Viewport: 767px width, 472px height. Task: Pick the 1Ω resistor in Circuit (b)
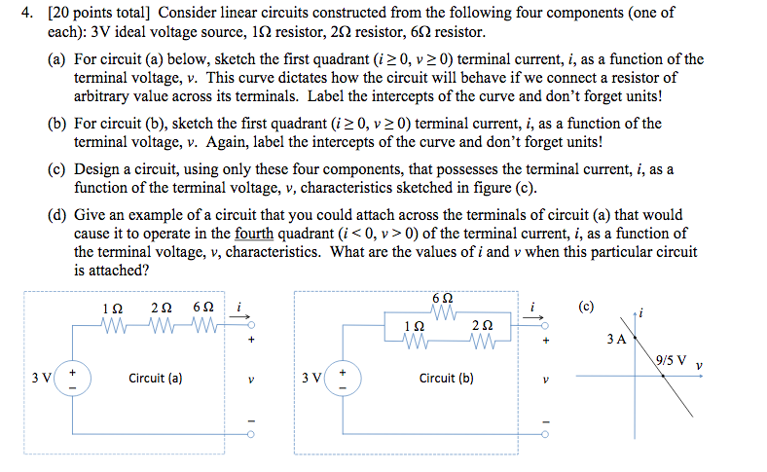[417, 341]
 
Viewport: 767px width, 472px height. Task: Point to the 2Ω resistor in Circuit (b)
[483, 341]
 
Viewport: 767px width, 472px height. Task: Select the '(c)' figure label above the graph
[585, 306]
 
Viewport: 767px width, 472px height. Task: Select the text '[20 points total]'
[89, 14]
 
